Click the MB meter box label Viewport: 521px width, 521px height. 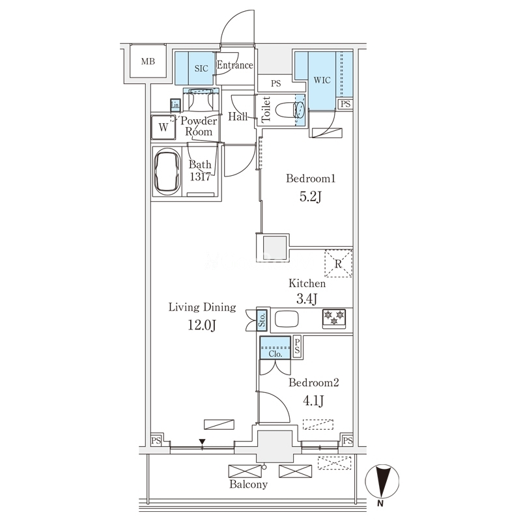pyautogui.click(x=148, y=61)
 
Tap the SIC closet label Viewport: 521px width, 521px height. pyautogui.click(x=201, y=68)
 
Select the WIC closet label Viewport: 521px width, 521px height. pyautogui.click(x=322, y=80)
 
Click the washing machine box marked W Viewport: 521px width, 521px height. pyautogui.click(x=163, y=127)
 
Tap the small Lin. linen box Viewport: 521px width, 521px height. pyautogui.click(x=175, y=105)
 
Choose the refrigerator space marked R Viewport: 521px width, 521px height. pyautogui.click(x=338, y=264)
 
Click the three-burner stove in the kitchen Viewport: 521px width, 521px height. pyautogui.click(x=334, y=317)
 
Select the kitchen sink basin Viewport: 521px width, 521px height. pyautogui.click(x=287, y=319)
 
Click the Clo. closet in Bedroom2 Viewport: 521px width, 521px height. pyautogui.click(x=275, y=348)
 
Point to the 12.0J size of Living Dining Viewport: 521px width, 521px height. pyautogui.click(x=202, y=325)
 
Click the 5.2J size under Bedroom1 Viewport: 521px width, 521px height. pyautogui.click(x=311, y=197)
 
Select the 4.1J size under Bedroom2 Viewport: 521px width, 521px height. pyautogui.click(x=313, y=401)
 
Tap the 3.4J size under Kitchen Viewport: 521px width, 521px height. pyautogui.click(x=307, y=299)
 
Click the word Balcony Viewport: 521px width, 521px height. pyautogui.click(x=249, y=484)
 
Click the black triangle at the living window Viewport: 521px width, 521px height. pyautogui.click(x=202, y=442)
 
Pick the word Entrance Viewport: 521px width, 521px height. pyautogui.click(x=235, y=65)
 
